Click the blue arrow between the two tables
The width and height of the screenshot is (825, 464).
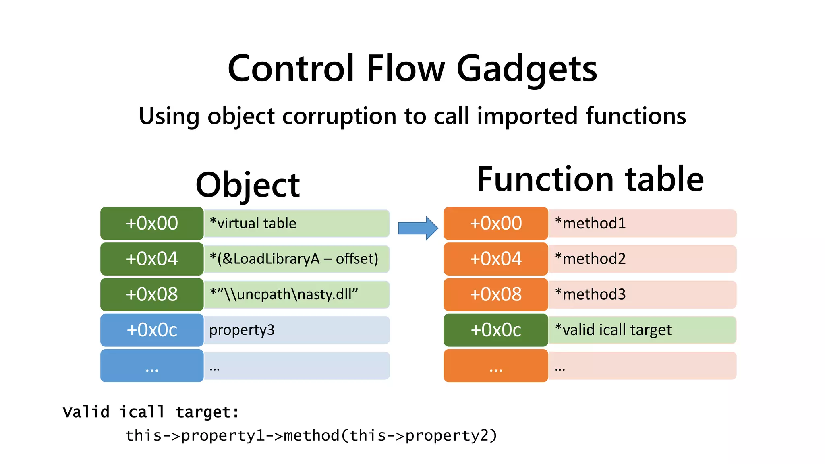[x=417, y=228]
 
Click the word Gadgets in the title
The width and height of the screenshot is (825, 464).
[x=527, y=69]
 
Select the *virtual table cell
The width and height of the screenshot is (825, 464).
[x=296, y=224]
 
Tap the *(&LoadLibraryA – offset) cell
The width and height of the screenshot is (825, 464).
[x=296, y=259]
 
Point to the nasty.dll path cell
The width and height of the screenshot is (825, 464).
[x=296, y=294]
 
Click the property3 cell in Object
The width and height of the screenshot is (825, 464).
[x=296, y=330]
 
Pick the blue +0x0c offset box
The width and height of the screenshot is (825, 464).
[x=152, y=330]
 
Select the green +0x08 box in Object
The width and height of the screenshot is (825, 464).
[x=152, y=294]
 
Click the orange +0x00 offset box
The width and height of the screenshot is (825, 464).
[x=495, y=224]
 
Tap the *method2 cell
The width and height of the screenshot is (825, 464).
[x=642, y=259]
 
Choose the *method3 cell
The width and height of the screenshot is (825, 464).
[x=642, y=294]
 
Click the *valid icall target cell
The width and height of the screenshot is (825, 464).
[x=642, y=330]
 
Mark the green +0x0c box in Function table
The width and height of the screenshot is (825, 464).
[x=495, y=330]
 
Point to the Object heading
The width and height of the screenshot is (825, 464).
[x=247, y=185]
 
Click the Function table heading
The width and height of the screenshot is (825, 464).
[x=590, y=179]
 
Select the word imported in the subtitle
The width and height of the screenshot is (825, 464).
[x=527, y=116]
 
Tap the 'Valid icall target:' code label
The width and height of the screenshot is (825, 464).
[x=151, y=412]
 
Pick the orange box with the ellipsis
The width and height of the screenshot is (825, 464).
[x=495, y=366]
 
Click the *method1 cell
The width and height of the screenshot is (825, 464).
[x=642, y=224]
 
